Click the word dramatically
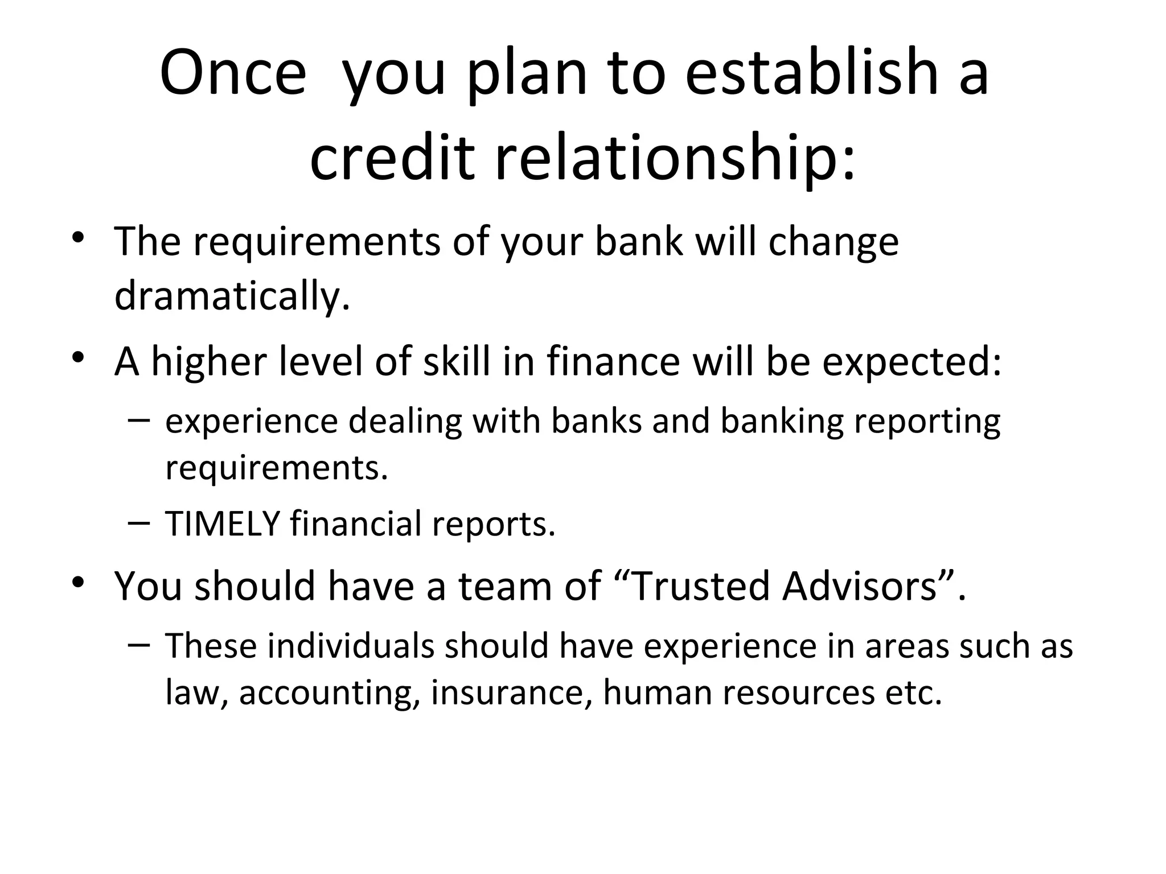click(232, 296)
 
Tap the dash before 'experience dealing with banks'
click(139, 420)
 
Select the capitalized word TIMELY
click(223, 523)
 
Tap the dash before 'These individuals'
click(139, 645)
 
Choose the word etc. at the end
click(913, 693)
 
